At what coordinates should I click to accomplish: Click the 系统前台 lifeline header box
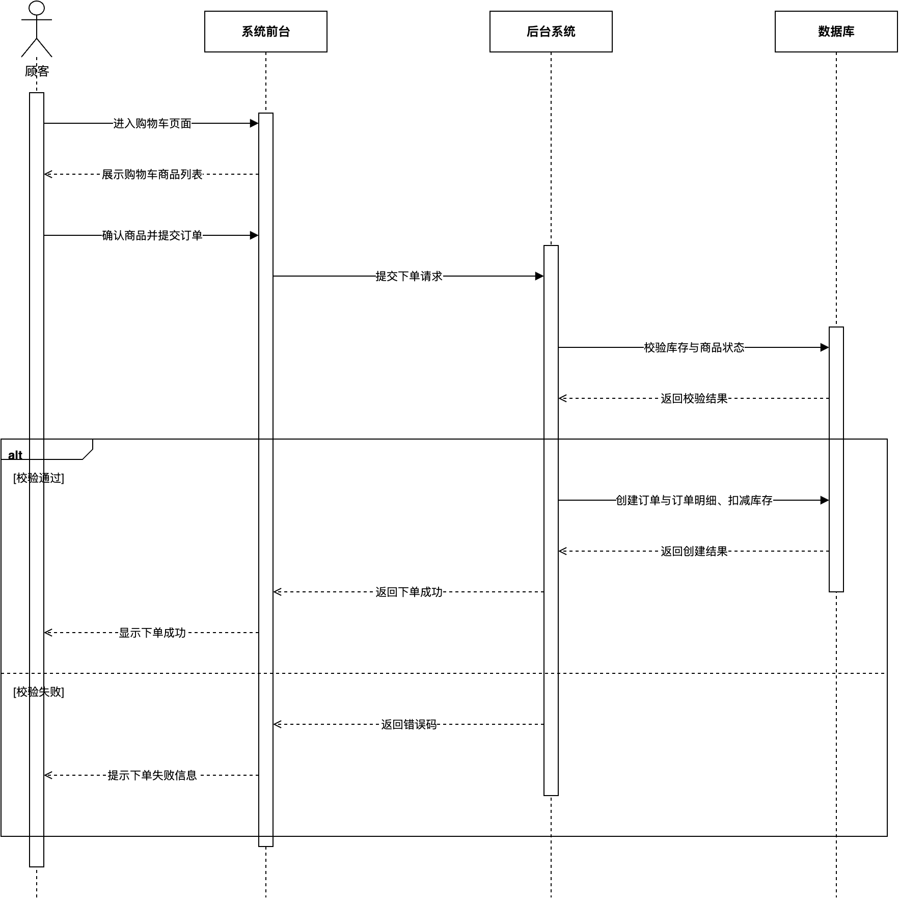pos(265,32)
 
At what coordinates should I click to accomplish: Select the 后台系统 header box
pos(551,32)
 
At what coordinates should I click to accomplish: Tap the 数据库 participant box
pos(836,32)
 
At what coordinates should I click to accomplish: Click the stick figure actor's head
pos(37,8)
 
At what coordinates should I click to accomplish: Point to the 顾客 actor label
pos(37,71)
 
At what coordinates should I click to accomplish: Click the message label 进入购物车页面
pos(152,123)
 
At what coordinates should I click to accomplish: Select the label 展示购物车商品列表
pos(152,174)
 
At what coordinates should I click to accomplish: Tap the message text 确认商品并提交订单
pos(152,235)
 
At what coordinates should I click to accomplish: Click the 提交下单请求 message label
pos(408,276)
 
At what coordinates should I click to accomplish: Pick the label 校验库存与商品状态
pos(694,347)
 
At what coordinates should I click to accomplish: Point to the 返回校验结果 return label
pos(694,398)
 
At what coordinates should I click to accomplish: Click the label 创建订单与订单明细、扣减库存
pos(694,500)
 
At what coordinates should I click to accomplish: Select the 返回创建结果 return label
pos(694,551)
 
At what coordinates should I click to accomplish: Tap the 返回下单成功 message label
pos(408,592)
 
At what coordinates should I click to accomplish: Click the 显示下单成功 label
pos(152,633)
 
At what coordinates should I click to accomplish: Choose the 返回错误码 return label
pos(408,724)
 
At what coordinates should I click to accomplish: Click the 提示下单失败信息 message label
pos(152,775)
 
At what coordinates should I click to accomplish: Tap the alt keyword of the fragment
pos(15,455)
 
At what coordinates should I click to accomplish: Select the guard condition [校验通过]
pos(39,478)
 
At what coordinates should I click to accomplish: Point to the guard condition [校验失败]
pos(39,692)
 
